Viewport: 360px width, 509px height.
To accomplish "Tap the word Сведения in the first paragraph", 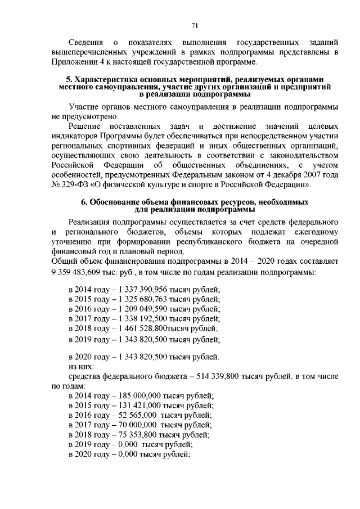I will pyautogui.click(x=85, y=43).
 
